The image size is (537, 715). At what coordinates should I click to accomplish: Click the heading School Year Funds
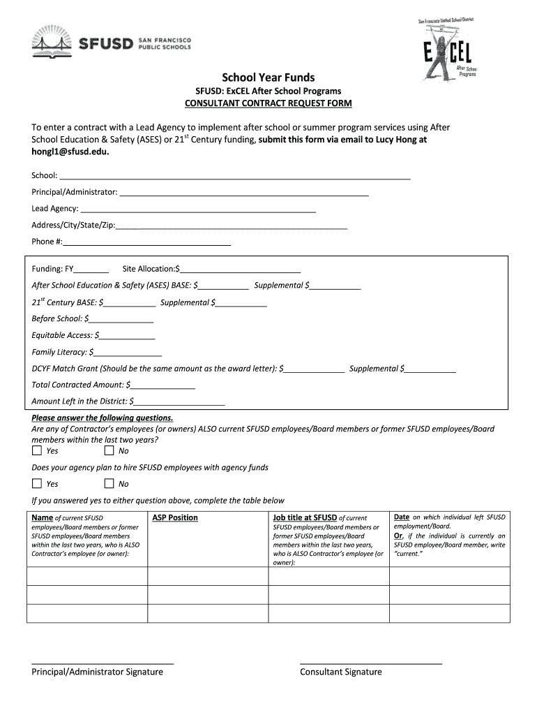(x=268, y=78)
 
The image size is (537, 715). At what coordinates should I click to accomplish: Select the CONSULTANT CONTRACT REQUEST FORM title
(x=268, y=103)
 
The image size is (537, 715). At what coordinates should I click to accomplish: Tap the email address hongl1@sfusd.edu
(x=70, y=152)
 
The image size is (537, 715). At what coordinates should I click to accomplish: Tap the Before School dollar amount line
(x=121, y=319)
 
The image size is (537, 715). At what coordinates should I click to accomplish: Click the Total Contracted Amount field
(x=162, y=385)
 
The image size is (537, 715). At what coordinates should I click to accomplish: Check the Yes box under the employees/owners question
(x=37, y=451)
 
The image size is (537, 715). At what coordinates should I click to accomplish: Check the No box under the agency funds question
(x=109, y=484)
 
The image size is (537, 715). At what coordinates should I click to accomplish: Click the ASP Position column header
(x=175, y=517)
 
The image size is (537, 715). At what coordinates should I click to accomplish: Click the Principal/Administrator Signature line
(x=103, y=662)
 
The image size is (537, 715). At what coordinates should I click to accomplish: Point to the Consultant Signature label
(x=341, y=672)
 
